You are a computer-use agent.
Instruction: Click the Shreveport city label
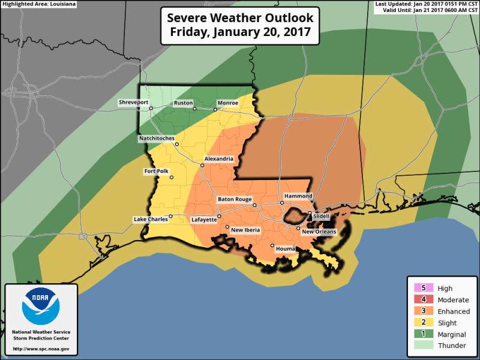[x=133, y=103]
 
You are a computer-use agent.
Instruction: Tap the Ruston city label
[x=182, y=103]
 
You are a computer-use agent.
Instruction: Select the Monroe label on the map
[x=227, y=103]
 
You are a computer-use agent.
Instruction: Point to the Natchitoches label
[x=157, y=139]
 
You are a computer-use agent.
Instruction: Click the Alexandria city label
[x=219, y=158]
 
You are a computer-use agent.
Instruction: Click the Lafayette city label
[x=203, y=220]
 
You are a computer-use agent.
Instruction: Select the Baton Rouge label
[x=234, y=199]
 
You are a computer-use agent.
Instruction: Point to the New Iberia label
[x=245, y=229]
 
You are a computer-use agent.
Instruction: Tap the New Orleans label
[x=319, y=232]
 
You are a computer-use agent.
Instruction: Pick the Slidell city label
[x=322, y=217]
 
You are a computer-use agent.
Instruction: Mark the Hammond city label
[x=298, y=196]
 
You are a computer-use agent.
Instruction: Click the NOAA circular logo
[x=41, y=308]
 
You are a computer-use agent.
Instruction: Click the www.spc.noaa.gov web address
[x=41, y=349]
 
